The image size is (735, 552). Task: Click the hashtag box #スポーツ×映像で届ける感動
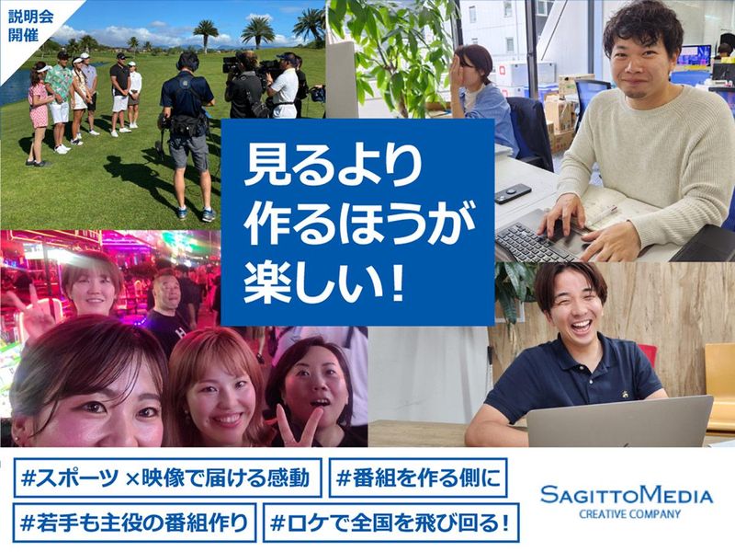point(169,478)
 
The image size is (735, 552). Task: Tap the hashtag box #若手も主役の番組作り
point(133,523)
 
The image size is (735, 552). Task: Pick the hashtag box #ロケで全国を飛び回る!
point(390,523)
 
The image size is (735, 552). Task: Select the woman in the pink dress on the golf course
point(39,115)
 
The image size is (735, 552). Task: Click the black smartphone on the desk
point(513,192)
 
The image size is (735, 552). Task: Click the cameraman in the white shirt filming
point(284,87)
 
